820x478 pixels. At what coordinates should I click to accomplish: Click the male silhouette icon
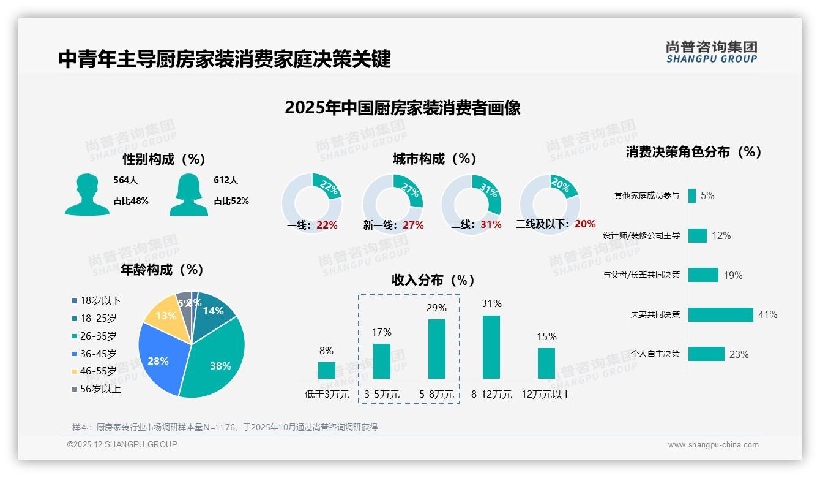coord(87,195)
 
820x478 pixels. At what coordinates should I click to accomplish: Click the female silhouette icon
coord(188,195)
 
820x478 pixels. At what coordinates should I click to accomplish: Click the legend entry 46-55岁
coord(98,371)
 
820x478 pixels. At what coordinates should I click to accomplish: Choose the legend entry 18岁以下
coord(100,300)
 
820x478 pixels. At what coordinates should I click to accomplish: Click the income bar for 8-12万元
coord(491,347)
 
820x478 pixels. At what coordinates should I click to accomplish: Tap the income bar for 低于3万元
coord(327,370)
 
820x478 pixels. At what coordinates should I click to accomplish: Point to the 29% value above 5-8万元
coord(436,308)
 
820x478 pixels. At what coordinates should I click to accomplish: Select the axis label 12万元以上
coord(546,395)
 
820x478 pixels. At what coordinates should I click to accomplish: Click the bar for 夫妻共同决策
coord(721,314)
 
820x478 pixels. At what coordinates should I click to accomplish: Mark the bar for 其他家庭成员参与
coord(692,195)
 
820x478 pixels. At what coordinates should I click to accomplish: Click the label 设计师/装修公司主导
coord(641,235)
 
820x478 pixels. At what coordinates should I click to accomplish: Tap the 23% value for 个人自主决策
coord(739,354)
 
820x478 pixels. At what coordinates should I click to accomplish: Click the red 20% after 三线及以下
coord(585,224)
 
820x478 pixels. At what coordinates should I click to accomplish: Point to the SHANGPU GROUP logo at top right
coord(712,52)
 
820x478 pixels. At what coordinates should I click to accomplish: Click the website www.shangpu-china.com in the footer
coord(713,445)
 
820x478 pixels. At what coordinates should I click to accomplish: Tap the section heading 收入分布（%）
coord(433,281)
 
